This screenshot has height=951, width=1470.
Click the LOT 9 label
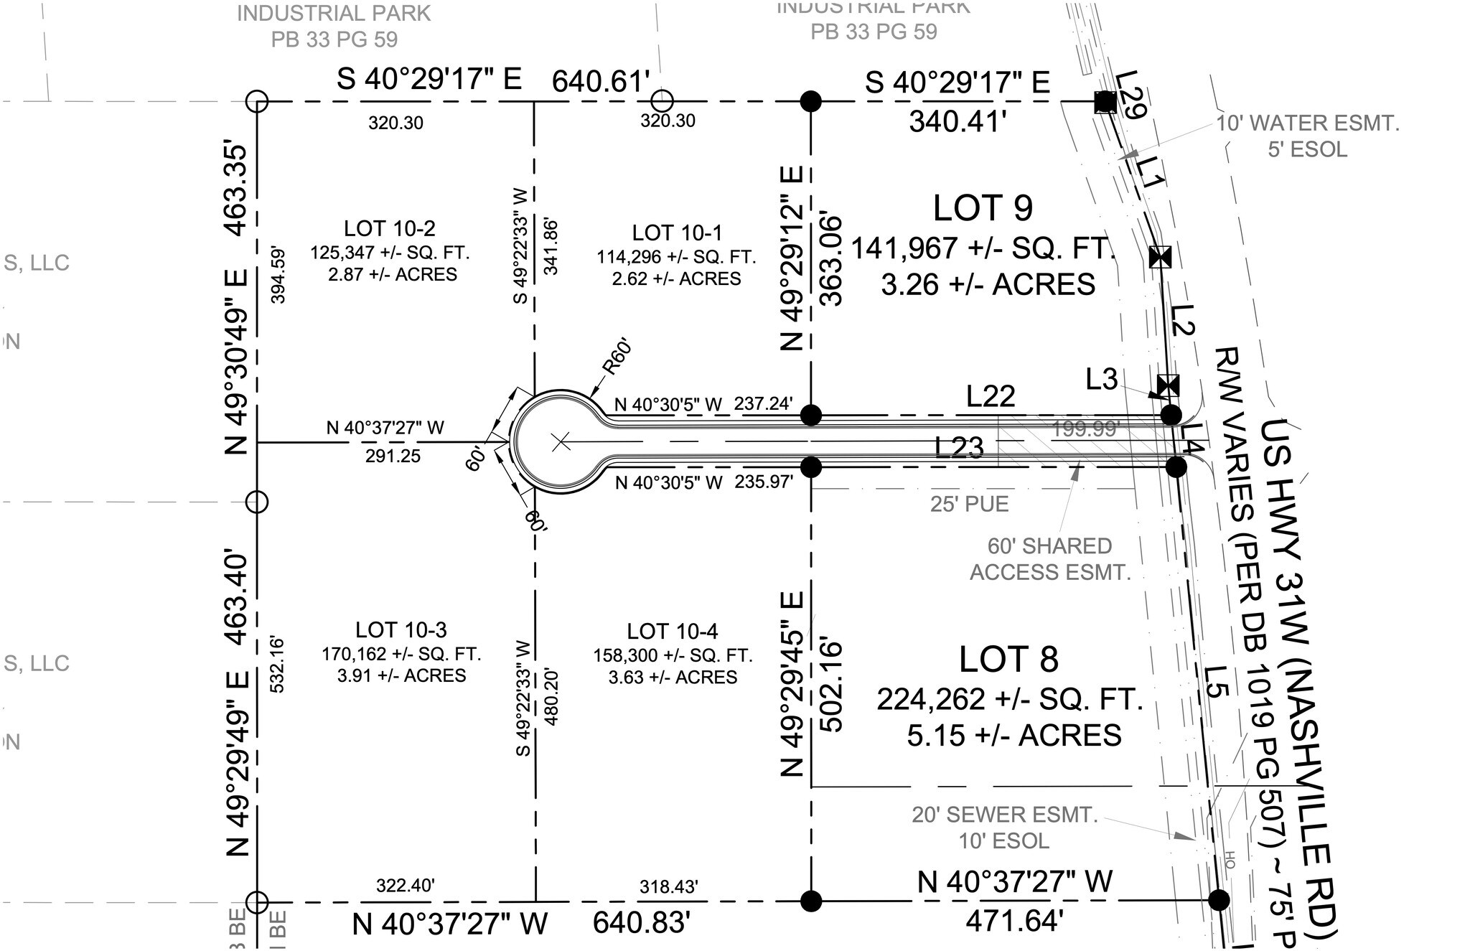[983, 208]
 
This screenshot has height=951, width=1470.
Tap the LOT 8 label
[1008, 660]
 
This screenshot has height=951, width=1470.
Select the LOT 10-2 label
[389, 229]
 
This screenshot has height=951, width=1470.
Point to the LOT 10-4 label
[672, 632]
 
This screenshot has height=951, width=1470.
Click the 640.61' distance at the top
[600, 81]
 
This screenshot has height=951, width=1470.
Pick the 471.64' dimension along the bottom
[1013, 921]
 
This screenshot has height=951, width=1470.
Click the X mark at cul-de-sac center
[561, 442]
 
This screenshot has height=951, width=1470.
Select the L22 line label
[991, 396]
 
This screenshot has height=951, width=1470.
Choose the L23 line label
[959, 448]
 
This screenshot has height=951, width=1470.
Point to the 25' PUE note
[969, 505]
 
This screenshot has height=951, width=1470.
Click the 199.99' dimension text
[1085, 429]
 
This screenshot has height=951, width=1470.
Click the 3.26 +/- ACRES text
[988, 285]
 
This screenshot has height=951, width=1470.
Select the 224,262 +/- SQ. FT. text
[1009, 698]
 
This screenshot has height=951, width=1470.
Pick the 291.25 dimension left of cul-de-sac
[393, 456]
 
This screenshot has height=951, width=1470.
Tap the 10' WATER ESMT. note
[1307, 123]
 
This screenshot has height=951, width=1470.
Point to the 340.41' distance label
[955, 122]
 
